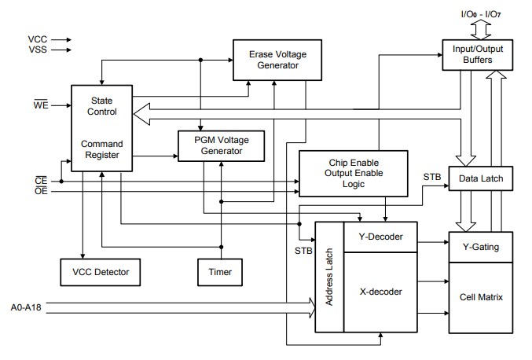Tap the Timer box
tap(220, 272)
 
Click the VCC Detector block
tap(100, 272)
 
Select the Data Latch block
tap(480, 179)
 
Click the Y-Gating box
tap(480, 248)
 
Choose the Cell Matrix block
tap(480, 298)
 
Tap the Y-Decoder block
tap(380, 237)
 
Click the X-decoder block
tap(380, 292)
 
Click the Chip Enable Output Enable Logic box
tap(354, 172)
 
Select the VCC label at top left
tap(36, 38)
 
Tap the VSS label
tap(36, 50)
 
